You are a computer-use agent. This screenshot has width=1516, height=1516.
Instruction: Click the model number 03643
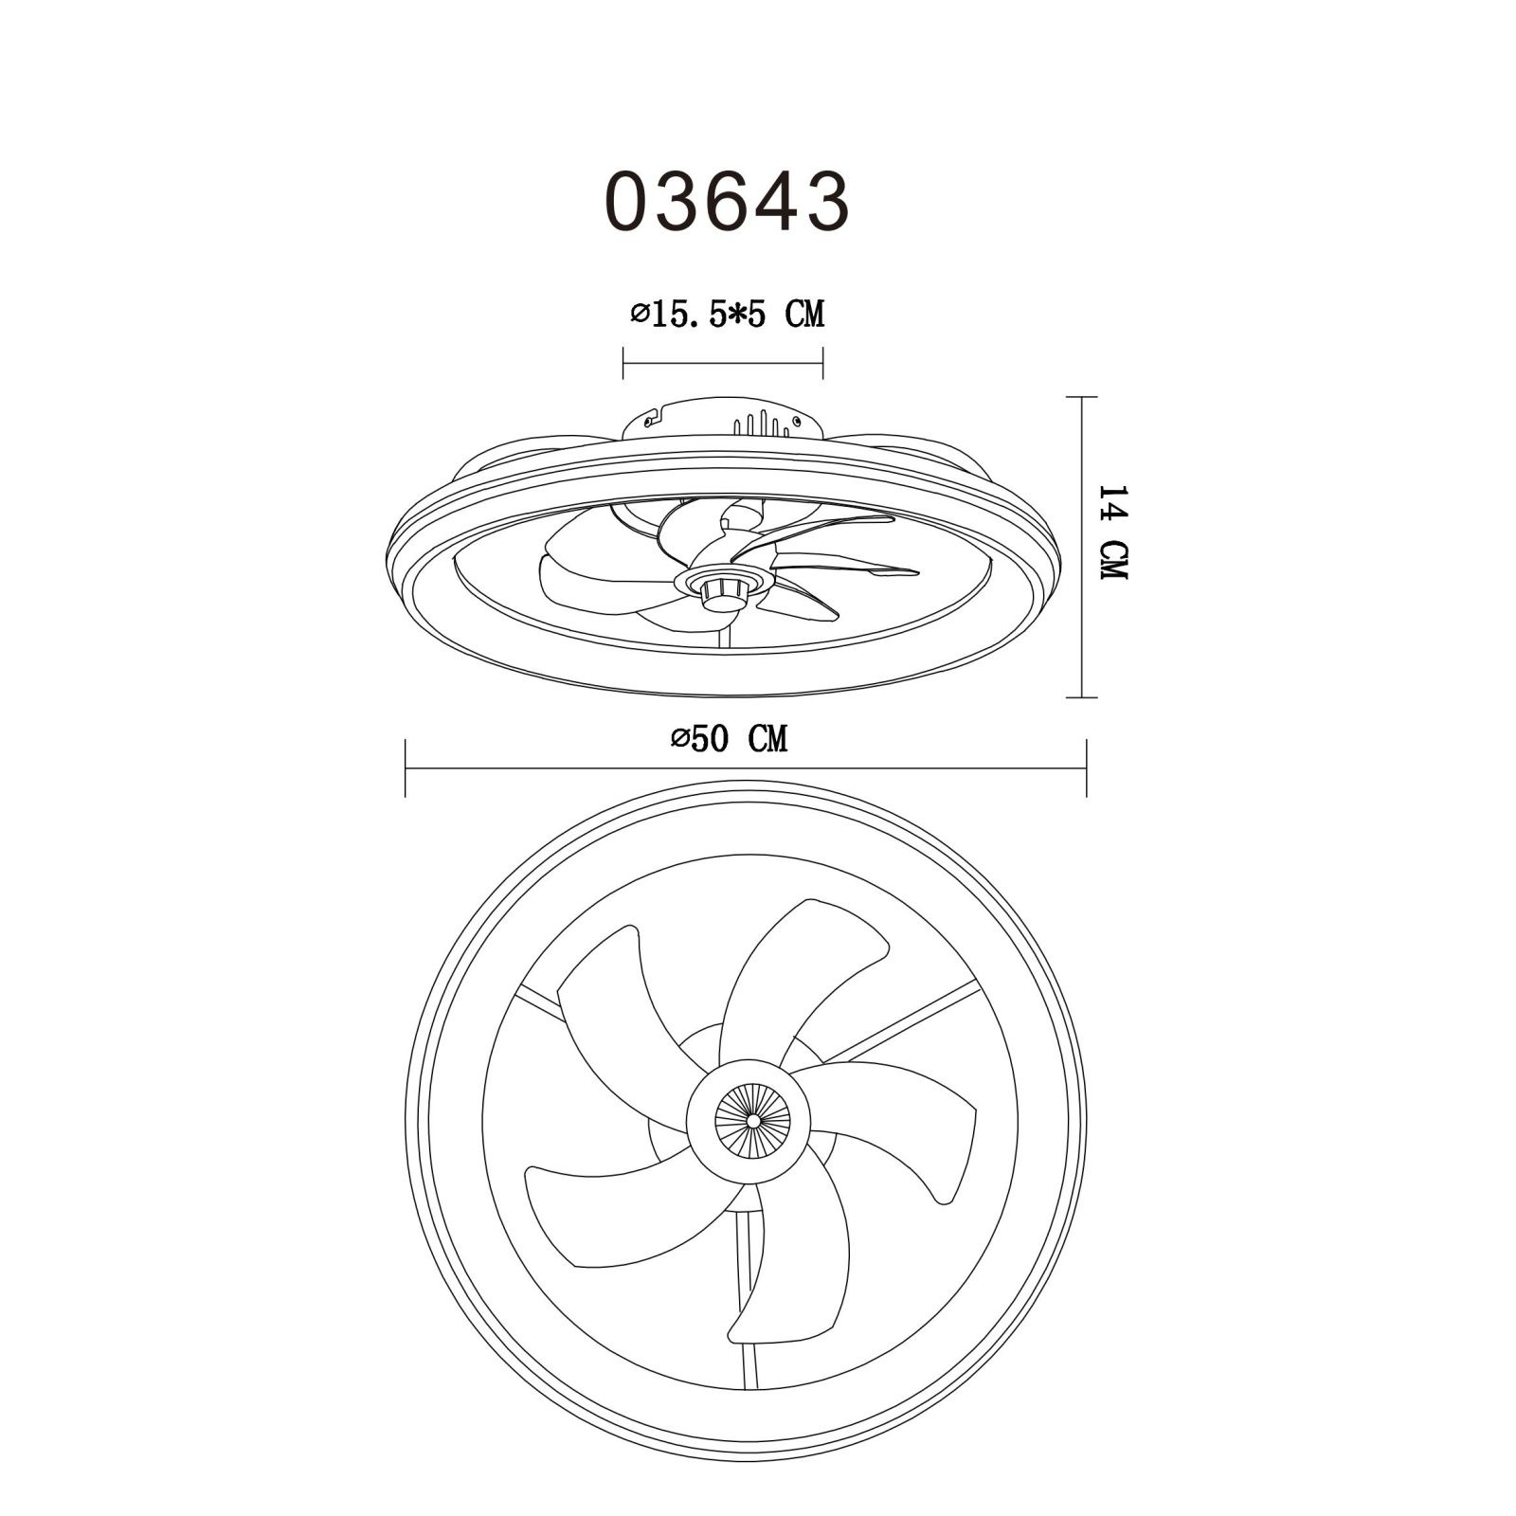point(727,201)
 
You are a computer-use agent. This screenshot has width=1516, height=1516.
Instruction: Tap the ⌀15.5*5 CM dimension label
point(728,313)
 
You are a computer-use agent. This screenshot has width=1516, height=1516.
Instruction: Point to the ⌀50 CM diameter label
point(728,738)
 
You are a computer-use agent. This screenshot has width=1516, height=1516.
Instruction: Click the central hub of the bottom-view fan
point(752,1120)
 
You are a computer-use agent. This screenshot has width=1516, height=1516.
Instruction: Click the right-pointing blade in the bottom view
point(900,1118)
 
